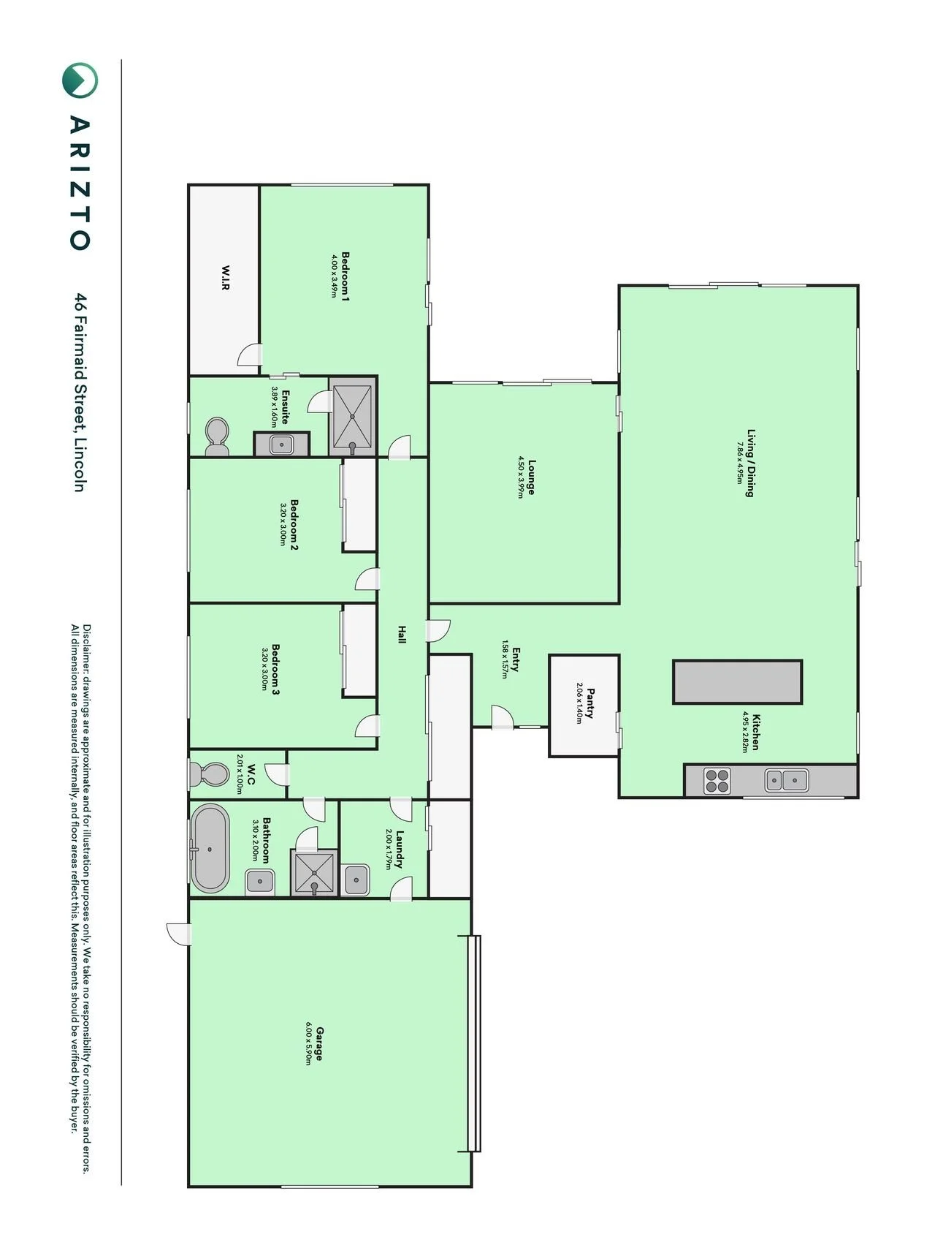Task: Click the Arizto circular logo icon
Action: click(80, 80)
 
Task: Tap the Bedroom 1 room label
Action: click(346, 277)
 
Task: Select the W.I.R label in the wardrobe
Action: click(226, 278)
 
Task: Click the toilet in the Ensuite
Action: click(217, 436)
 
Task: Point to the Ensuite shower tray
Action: click(353, 416)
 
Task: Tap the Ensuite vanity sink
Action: click(282, 444)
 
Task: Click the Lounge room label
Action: click(532, 477)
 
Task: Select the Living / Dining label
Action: click(749, 463)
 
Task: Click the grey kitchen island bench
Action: click(738, 681)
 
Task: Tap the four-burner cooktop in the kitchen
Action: click(717, 780)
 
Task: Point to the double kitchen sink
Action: click(786, 780)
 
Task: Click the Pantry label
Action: click(589, 703)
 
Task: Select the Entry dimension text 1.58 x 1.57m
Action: click(504, 659)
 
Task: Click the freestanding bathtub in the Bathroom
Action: click(210, 848)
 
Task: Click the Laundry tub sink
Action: click(356, 879)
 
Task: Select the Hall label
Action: click(402, 634)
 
